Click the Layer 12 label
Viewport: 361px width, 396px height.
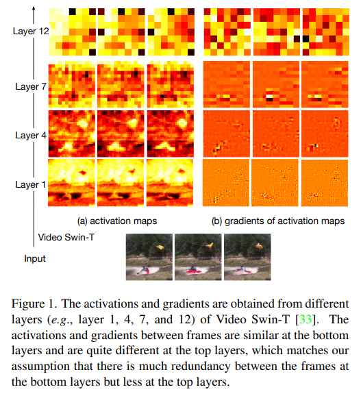coord(31,31)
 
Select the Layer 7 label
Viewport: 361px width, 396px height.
coord(31,86)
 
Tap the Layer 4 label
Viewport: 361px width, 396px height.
coord(31,136)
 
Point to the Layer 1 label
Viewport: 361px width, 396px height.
coord(31,184)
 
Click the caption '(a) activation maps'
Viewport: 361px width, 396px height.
coord(117,221)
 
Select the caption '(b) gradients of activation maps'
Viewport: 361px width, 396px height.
coord(278,221)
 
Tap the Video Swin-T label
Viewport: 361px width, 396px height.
coord(66,238)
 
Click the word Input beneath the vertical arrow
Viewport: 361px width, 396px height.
coord(35,258)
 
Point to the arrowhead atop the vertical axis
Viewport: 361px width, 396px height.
coord(34,8)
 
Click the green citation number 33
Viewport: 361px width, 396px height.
coord(306,319)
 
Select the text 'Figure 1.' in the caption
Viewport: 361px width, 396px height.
coord(34,304)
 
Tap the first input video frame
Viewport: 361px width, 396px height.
coord(149,257)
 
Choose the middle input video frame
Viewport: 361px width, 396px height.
coord(198,257)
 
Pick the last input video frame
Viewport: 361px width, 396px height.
coord(247,257)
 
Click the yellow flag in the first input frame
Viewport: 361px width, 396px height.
coord(160,247)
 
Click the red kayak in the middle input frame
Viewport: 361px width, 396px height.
coord(193,271)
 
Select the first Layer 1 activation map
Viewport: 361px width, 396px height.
coord(71,183)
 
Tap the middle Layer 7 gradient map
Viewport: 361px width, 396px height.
coord(276,84)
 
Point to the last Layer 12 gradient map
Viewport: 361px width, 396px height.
coord(326,32)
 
